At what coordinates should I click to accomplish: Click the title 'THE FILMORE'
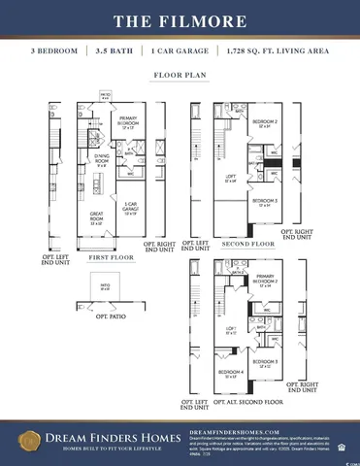coord(180,20)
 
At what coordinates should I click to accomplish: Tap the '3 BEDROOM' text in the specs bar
coord(56,50)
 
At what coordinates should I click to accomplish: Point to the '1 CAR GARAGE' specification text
coord(181,50)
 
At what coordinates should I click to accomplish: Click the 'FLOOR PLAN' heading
coord(180,74)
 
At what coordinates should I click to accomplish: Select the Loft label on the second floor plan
coord(230,179)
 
